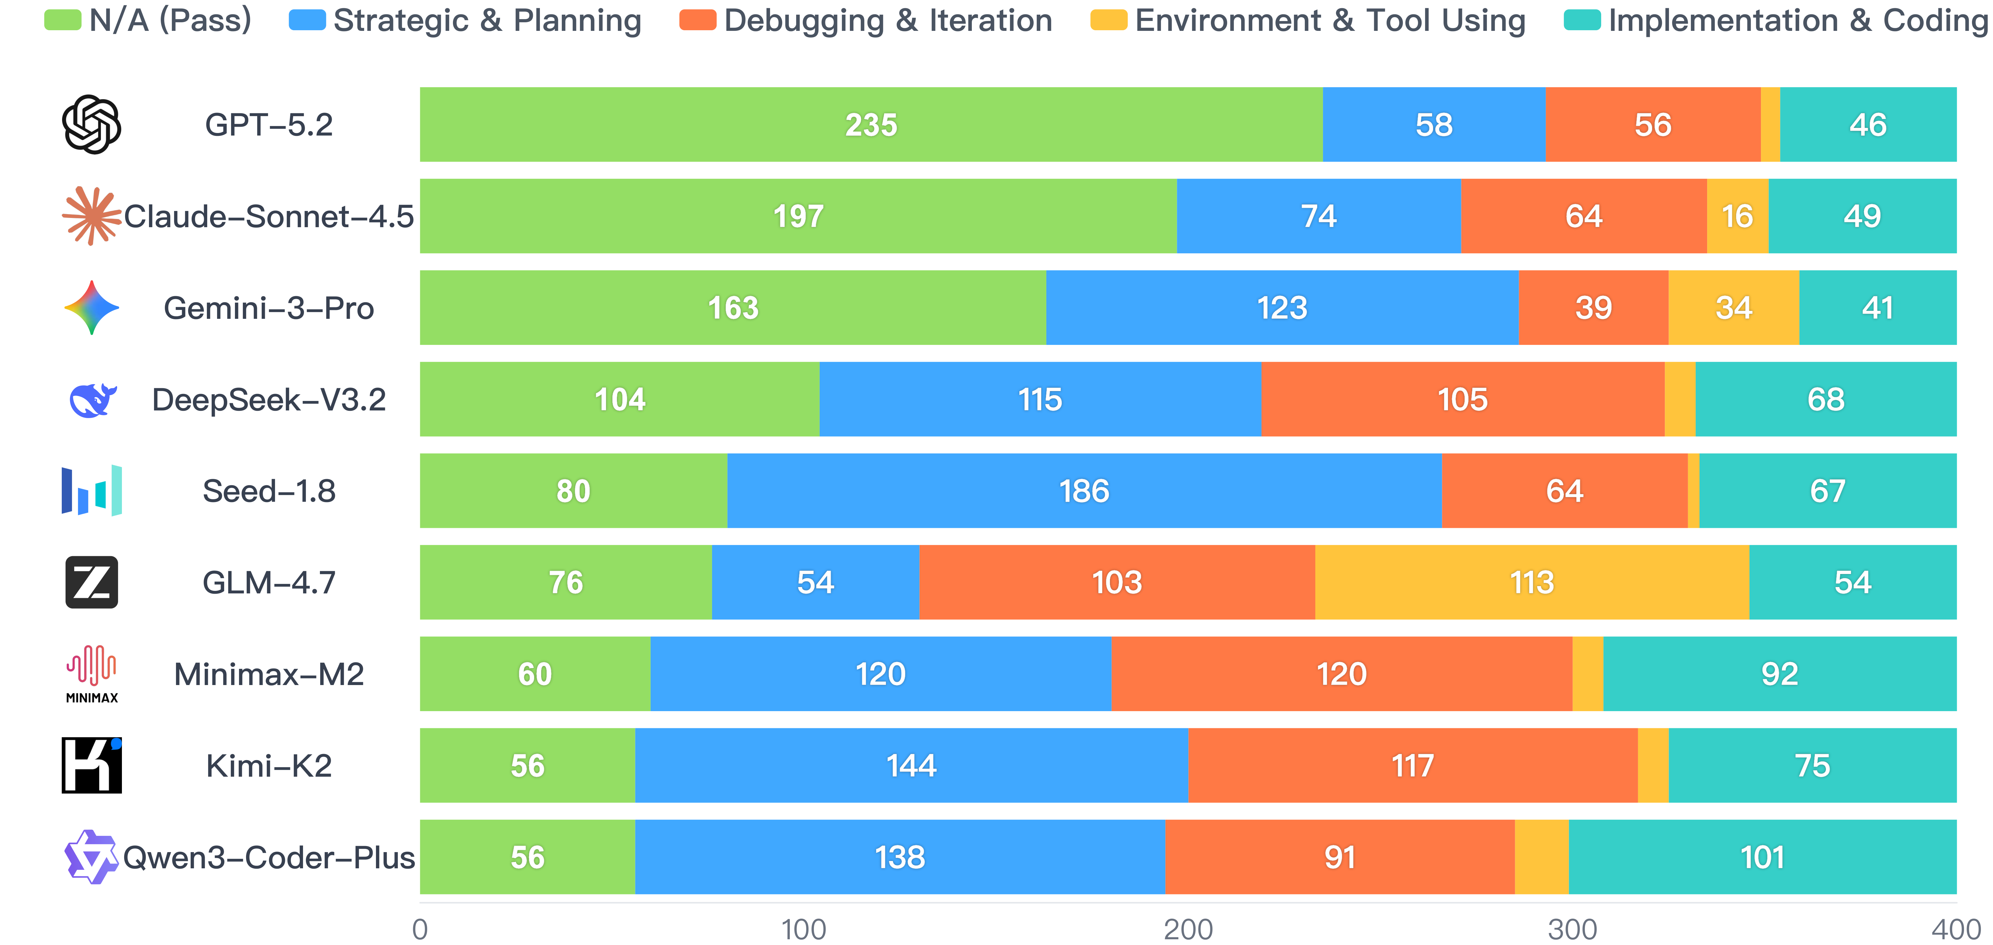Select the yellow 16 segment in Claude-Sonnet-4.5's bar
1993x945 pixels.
coord(1737,216)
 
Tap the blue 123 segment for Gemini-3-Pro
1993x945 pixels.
coord(1282,308)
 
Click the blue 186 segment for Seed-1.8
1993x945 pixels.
coord(1084,491)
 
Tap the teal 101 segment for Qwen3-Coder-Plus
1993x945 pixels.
coord(1762,857)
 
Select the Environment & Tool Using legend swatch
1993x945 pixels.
coord(1108,20)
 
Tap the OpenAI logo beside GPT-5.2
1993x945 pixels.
coord(91,124)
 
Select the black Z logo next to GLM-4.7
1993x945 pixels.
coord(91,582)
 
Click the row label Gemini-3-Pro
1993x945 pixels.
coord(268,308)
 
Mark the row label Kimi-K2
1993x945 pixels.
coord(268,766)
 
